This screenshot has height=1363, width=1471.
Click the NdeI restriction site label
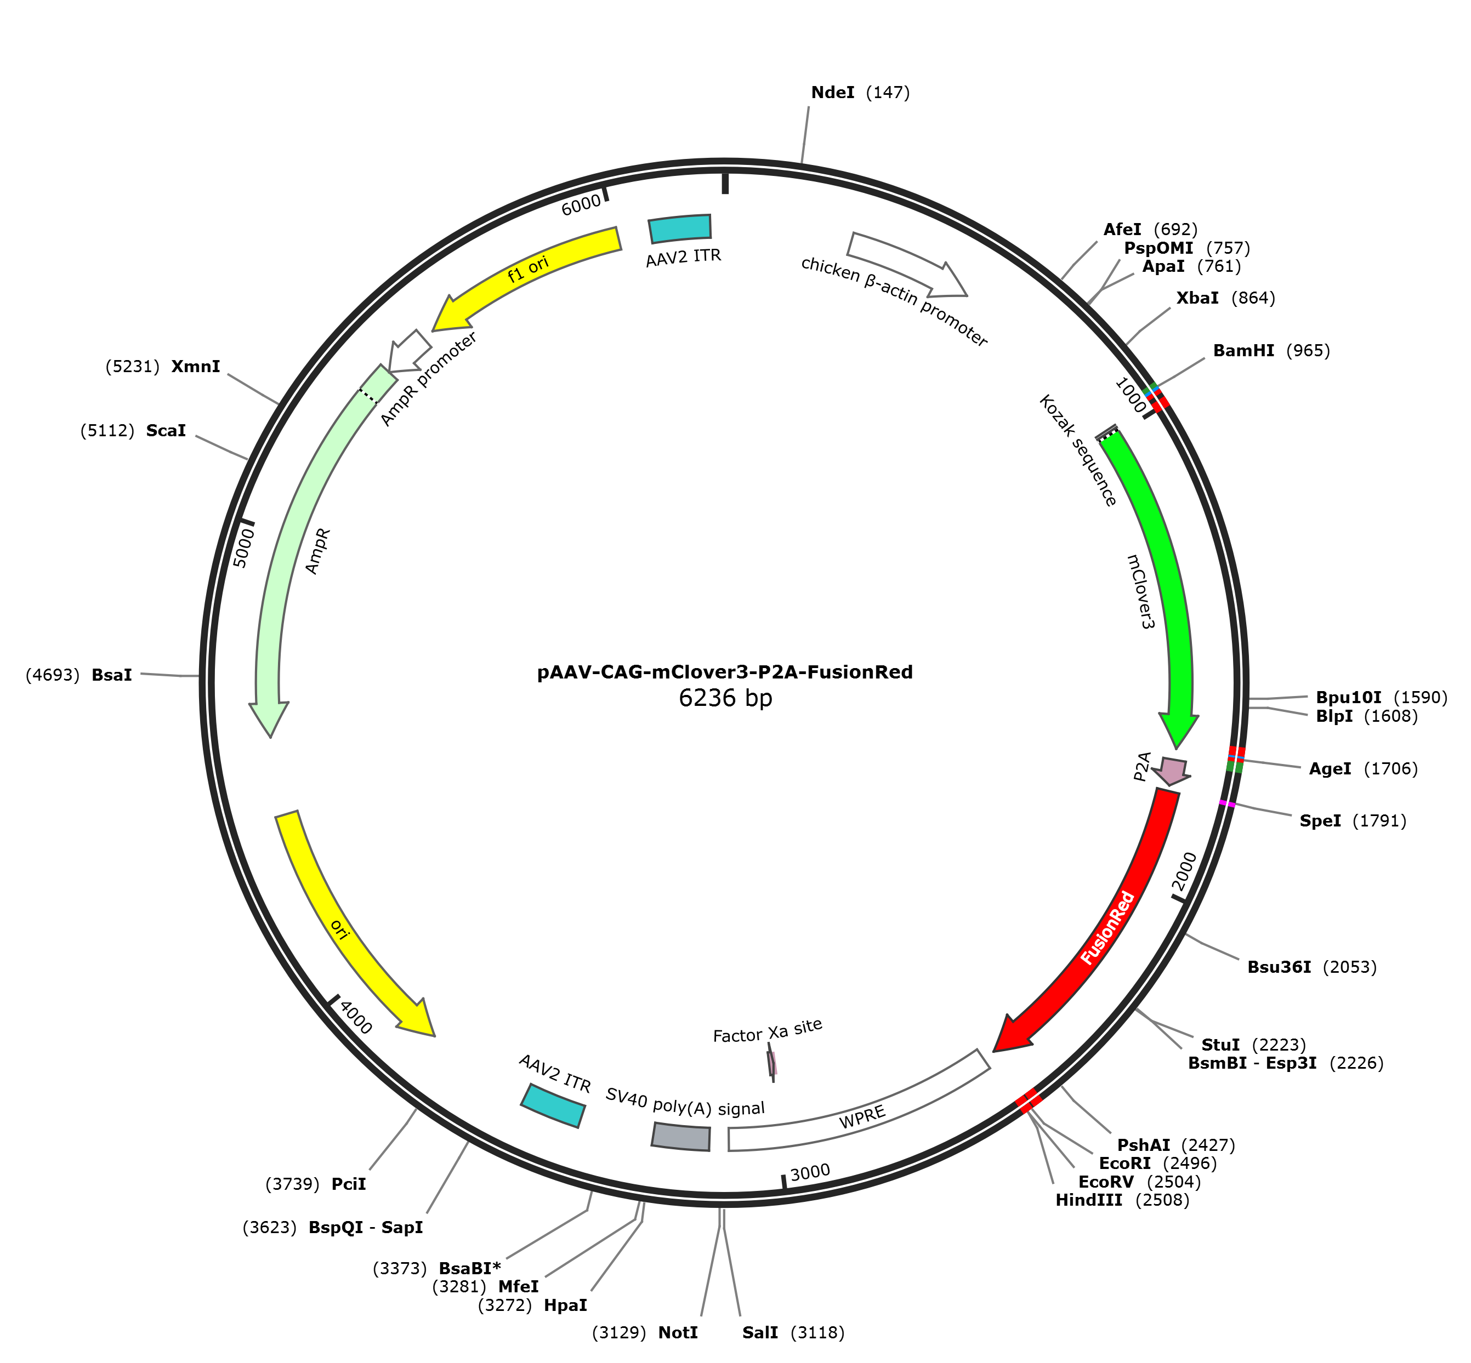(860, 92)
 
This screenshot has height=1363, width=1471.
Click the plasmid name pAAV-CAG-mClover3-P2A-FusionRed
(724, 672)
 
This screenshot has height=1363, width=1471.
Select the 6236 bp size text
(725, 698)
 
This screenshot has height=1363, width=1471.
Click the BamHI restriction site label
(1271, 350)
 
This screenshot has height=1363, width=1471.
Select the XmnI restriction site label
(163, 367)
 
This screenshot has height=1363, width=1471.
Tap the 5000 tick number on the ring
(243, 548)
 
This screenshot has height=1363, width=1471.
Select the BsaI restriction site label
(79, 674)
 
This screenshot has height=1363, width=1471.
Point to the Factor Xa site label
(767, 1031)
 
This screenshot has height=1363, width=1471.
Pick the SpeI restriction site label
(1352, 820)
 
